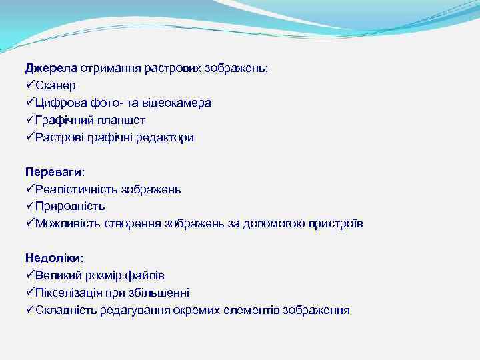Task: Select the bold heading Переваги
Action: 55,172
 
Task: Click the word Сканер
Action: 56,85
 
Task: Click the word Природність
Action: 70,207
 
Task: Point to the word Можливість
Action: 68,224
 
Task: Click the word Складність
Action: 66,310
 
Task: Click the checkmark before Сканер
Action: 30,85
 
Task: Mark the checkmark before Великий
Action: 30,275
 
